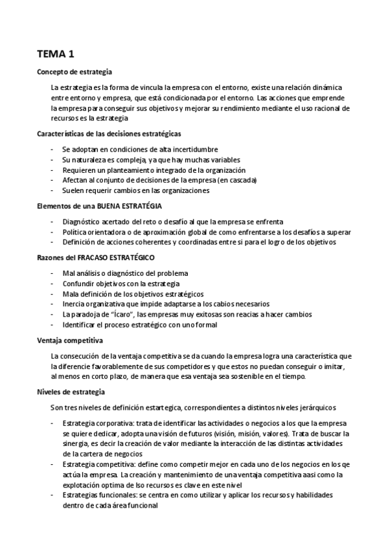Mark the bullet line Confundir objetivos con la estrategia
121,284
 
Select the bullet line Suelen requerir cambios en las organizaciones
136,190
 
